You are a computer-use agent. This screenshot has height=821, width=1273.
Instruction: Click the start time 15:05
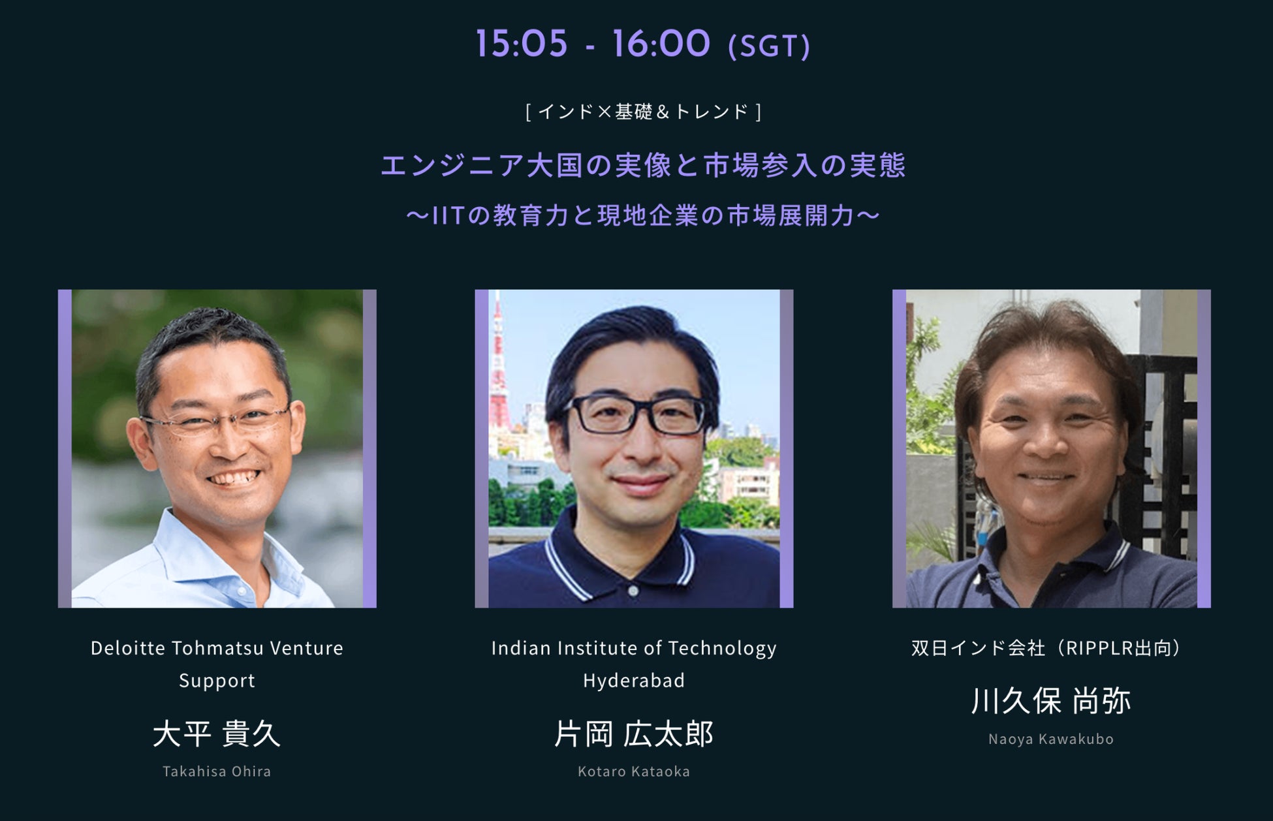521,44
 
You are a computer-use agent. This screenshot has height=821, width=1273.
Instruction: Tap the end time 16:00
661,44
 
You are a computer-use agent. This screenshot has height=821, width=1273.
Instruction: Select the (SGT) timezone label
769,46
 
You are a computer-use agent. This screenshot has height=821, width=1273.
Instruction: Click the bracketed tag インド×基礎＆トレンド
644,112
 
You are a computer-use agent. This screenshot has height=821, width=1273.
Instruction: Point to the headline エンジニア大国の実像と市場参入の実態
644,165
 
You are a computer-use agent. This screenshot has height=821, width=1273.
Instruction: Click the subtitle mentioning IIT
644,215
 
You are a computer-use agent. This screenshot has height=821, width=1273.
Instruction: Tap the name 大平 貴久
217,734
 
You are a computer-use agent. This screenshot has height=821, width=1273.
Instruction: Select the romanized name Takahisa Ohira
217,771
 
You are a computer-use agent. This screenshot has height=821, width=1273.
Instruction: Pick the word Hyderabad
634,681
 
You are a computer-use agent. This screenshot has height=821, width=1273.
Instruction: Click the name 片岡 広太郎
634,734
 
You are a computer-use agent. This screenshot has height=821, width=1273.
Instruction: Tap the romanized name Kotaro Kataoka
634,771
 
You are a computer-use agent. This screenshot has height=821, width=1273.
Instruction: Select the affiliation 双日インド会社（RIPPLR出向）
1051,648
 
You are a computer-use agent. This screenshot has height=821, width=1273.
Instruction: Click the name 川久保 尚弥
1051,701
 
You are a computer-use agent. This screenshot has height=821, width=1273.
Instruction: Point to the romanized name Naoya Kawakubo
1051,739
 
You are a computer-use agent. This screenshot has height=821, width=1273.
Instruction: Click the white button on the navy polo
633,590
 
